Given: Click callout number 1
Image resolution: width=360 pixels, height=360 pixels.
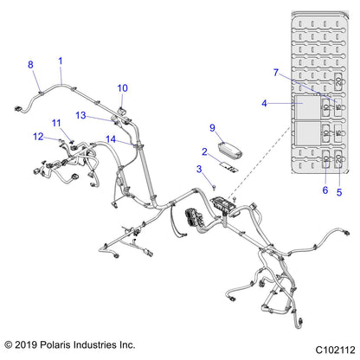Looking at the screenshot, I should click(x=61, y=61).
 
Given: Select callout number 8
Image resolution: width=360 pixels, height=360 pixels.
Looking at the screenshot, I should click(x=31, y=65).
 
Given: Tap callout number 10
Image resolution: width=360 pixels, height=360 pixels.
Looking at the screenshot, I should click(x=122, y=87).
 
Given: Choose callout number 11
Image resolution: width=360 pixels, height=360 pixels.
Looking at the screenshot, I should click(x=55, y=124).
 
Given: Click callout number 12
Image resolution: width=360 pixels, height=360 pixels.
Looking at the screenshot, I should click(x=38, y=136).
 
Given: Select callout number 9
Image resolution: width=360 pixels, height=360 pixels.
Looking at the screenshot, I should click(x=212, y=127).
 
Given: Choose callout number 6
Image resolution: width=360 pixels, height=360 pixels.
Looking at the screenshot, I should click(x=325, y=190).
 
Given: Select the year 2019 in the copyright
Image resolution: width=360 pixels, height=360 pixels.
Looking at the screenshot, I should click(x=30, y=344).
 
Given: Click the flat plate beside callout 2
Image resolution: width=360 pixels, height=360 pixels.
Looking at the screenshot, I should click(x=228, y=162).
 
